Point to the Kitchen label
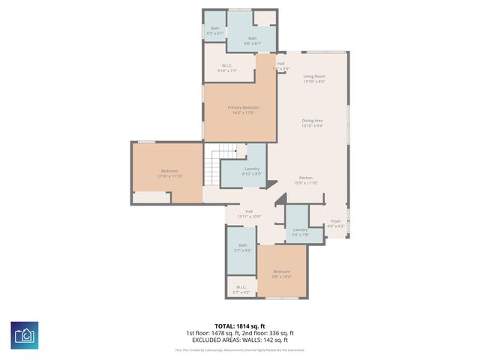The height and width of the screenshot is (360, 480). click(x=305, y=178)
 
